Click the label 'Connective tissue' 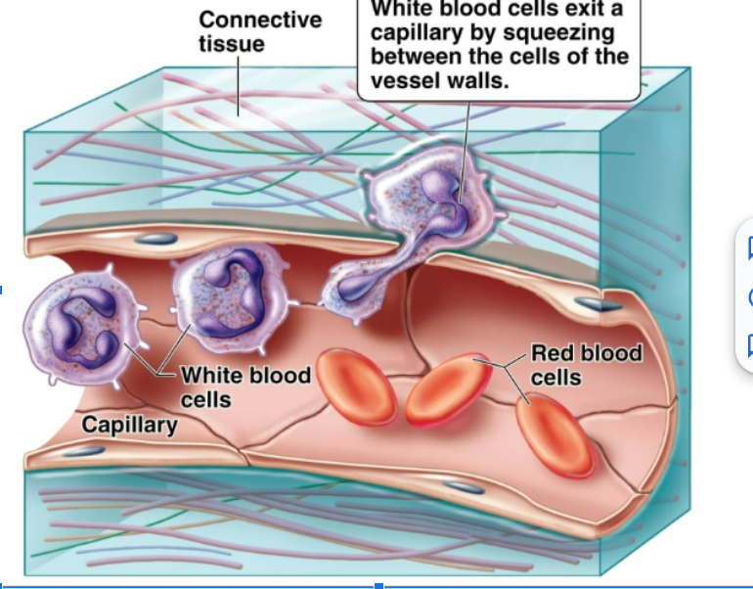tap(259, 31)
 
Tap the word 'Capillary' tap(129, 425)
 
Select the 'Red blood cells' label tap(586, 364)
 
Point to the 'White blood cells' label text tap(245, 386)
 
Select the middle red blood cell tap(453, 390)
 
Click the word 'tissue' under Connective tap(231, 44)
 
